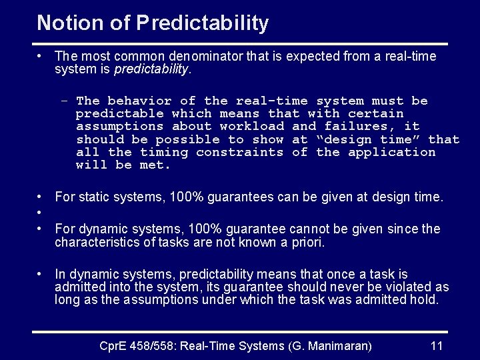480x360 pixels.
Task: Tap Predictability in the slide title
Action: point(203,24)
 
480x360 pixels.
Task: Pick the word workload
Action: point(252,126)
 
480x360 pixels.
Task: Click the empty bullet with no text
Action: point(41,213)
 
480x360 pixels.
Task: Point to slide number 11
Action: point(437,346)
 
